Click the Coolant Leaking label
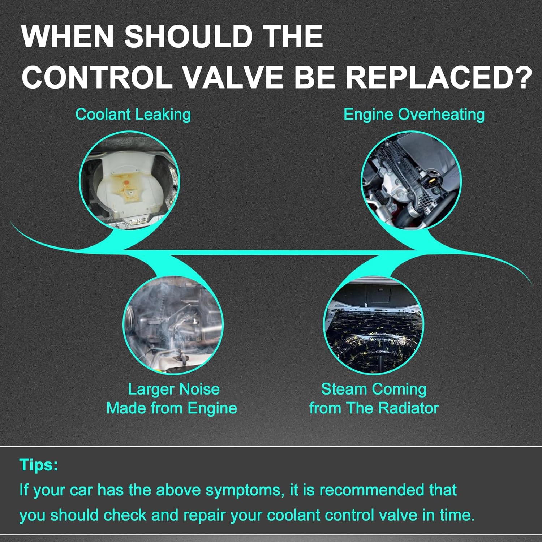point(133,115)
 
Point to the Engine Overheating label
point(414,115)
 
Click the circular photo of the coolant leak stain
point(129,180)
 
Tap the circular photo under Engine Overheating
point(412,180)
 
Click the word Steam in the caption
point(344,389)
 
